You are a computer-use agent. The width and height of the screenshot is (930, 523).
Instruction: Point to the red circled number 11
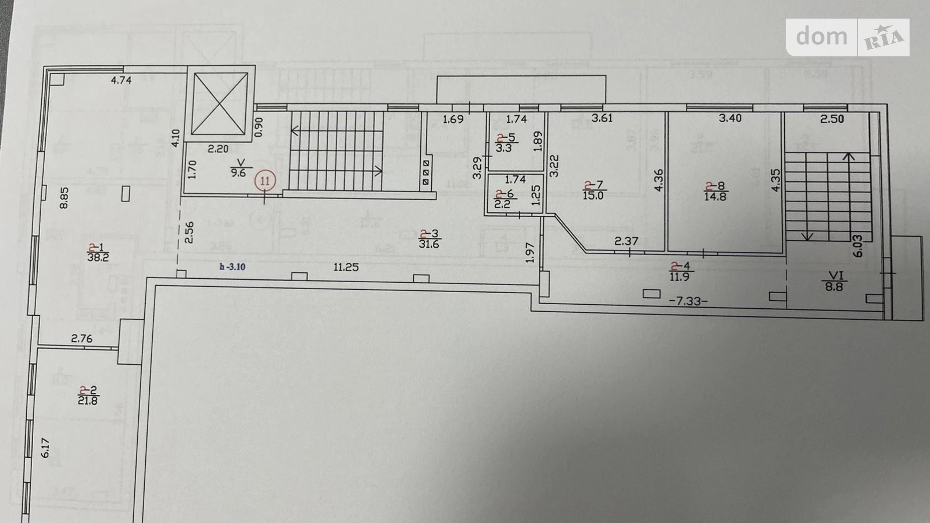265,180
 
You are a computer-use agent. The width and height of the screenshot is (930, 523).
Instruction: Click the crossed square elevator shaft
220,104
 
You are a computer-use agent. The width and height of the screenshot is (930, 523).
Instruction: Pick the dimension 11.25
346,268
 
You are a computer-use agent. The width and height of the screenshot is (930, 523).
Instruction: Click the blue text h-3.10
232,267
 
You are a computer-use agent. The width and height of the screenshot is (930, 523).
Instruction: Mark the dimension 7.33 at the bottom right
688,301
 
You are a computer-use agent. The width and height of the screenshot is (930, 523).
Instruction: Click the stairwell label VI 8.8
833,282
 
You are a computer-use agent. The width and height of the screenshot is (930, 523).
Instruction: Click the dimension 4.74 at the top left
121,80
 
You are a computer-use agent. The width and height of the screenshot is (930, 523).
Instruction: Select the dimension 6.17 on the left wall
45,448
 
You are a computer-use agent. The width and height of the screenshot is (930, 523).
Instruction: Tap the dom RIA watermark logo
848,37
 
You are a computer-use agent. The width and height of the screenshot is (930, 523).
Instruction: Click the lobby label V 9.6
238,167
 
